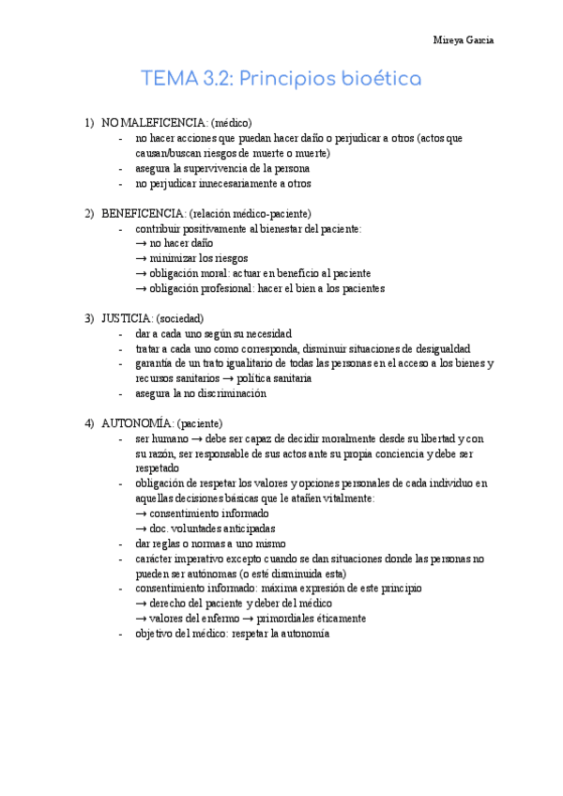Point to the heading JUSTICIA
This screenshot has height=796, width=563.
pos(127,318)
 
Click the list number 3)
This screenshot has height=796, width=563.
pos(90,318)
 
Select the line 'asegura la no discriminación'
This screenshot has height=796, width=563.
pos(201,393)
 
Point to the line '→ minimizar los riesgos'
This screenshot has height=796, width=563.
pos(191,258)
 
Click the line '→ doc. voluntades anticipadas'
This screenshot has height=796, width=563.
pos(205,528)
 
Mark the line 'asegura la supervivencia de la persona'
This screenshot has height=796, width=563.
pos(222,168)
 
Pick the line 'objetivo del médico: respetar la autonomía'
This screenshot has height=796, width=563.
pos(232,634)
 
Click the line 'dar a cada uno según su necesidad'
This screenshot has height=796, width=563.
pos(213,333)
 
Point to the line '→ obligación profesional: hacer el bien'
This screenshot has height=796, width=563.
pos(260,288)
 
